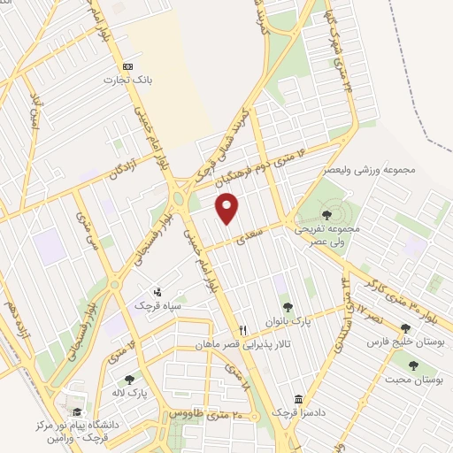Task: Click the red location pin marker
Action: pos(228,208)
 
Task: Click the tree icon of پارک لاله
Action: pos(129,379)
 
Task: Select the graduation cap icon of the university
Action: pos(77,411)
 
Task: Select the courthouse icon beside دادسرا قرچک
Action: pos(298,399)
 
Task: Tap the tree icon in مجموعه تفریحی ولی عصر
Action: pos(327,214)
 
